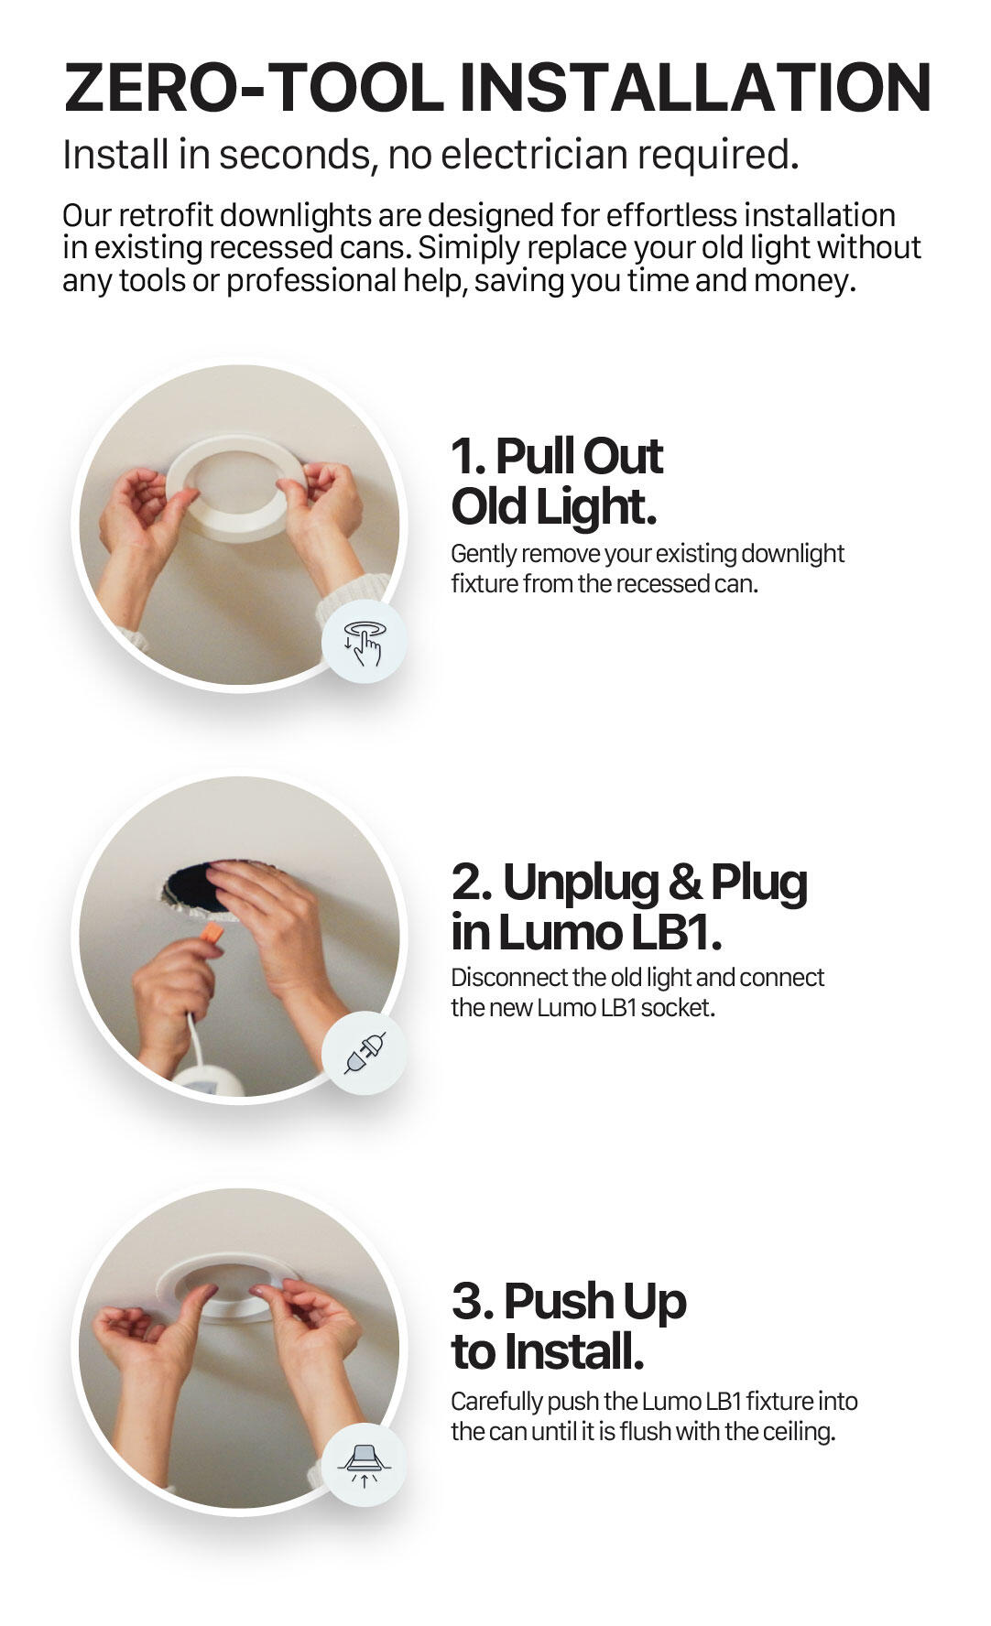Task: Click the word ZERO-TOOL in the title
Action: (x=255, y=88)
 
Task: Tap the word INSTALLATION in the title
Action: (x=695, y=88)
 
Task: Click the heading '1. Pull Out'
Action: (x=556, y=456)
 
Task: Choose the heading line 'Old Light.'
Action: (x=553, y=506)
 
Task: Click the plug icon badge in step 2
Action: (x=363, y=1053)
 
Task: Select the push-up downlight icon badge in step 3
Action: (x=363, y=1465)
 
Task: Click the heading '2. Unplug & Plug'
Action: (x=629, y=882)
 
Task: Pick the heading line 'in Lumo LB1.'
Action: (x=586, y=932)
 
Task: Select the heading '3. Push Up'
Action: (x=568, y=1301)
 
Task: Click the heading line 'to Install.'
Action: (x=547, y=1351)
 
